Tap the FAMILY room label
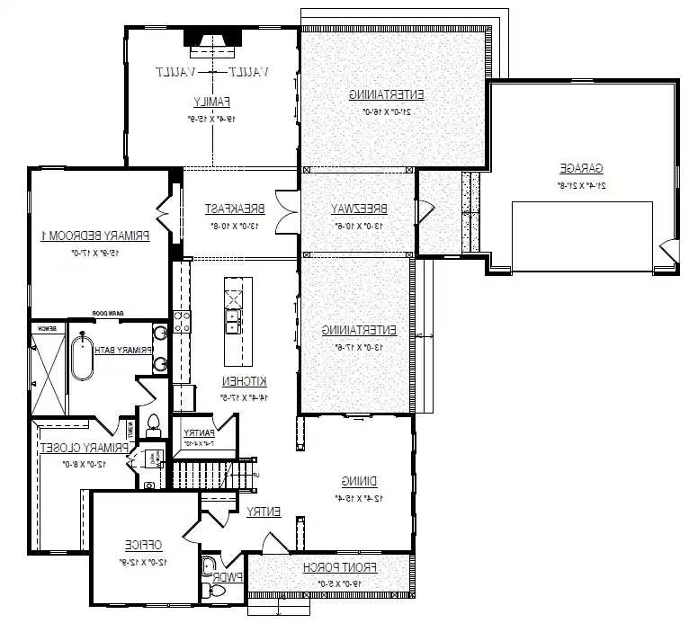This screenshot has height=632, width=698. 212,100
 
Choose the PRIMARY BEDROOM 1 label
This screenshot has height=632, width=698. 95,236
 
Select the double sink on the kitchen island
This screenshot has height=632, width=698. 233,316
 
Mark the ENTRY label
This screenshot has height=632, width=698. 264,512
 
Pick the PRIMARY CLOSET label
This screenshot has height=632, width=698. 86,447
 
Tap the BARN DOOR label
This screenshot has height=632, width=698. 106,314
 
